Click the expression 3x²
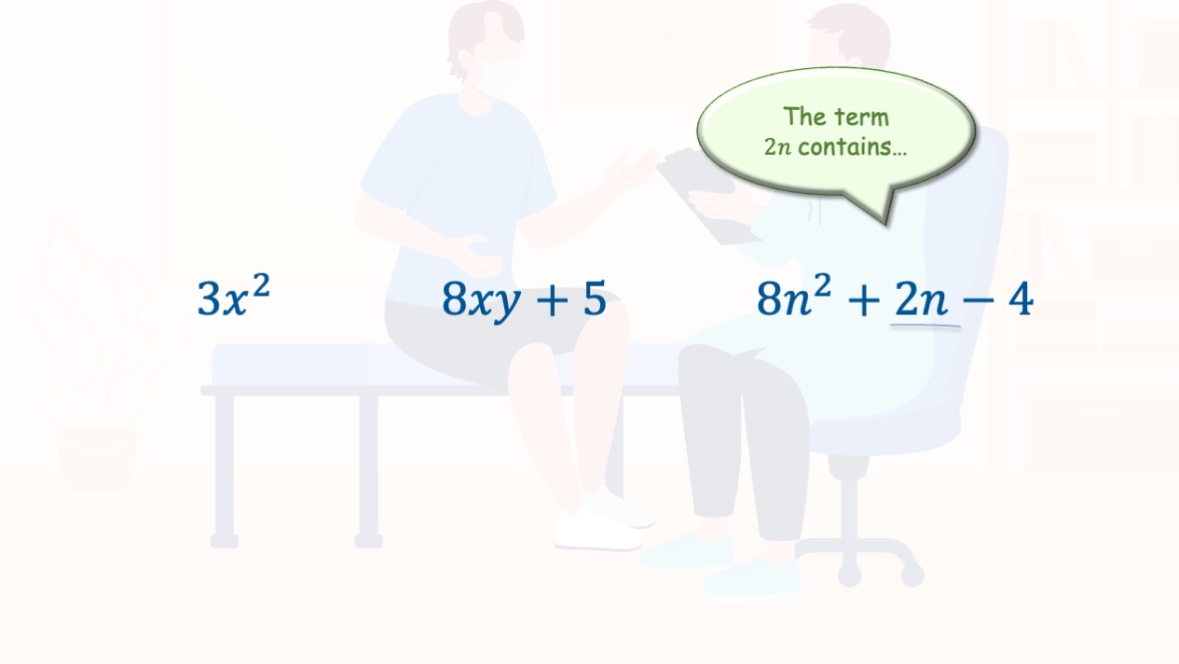[x=234, y=296]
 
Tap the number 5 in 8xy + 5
[x=595, y=298]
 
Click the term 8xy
[x=481, y=300]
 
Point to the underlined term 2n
[x=921, y=298]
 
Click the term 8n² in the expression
[x=794, y=296]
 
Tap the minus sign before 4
[x=979, y=300]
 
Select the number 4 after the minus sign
[x=1021, y=298]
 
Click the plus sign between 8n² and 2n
[x=864, y=300]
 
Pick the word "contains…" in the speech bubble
[x=852, y=147]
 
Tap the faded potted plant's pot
[x=97, y=459]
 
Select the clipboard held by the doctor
[x=706, y=196]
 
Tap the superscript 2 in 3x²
[x=262, y=286]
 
